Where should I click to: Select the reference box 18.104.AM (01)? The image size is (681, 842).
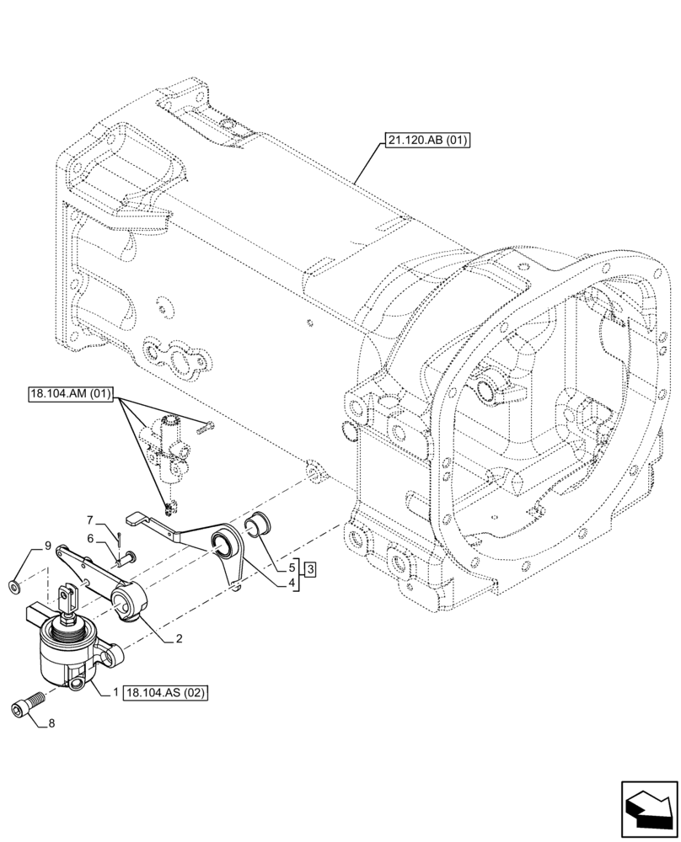tap(73, 394)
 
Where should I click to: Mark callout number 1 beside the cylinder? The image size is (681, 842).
tap(115, 692)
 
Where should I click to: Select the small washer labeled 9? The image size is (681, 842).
tap(16, 584)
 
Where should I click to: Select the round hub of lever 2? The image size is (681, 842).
tap(134, 603)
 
